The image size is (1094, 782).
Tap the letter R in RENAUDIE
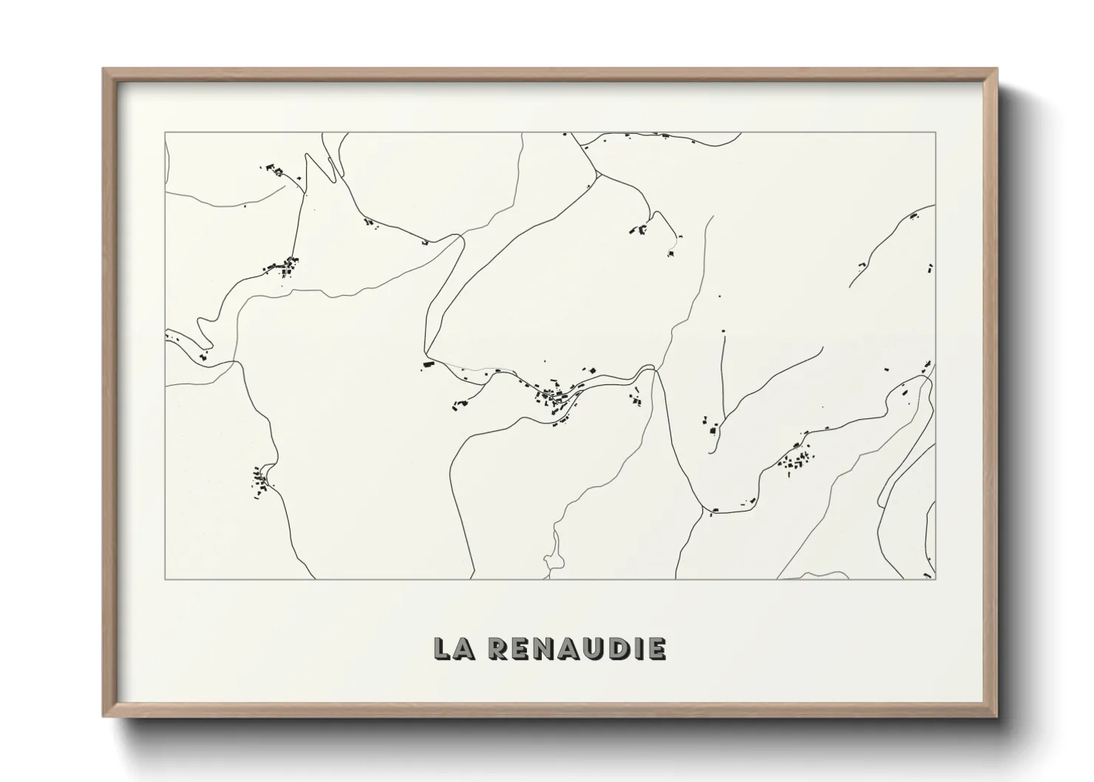499,648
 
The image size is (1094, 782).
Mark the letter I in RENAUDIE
636,648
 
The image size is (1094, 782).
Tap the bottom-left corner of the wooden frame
104,715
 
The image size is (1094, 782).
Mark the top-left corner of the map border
165,133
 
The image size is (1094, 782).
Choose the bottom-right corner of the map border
935,579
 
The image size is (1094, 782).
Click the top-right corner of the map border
935,133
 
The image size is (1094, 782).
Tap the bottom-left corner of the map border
165,579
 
